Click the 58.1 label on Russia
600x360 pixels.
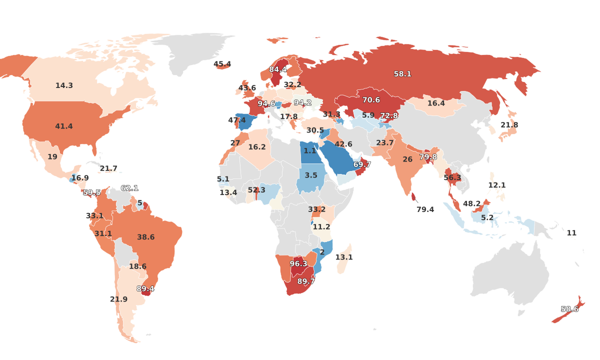(x=402, y=74)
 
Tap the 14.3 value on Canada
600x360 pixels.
(x=64, y=85)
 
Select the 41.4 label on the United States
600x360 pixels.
(x=64, y=126)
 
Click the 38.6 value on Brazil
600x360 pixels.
(x=145, y=237)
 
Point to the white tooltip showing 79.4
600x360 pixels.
(x=425, y=209)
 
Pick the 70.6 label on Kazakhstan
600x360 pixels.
(x=371, y=100)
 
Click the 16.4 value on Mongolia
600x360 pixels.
(x=436, y=103)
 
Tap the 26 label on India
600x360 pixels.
(x=407, y=159)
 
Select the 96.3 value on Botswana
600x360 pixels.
(x=298, y=263)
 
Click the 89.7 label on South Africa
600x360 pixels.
(x=306, y=281)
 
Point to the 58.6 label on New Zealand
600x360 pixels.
(x=569, y=309)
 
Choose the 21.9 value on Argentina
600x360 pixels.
(x=119, y=299)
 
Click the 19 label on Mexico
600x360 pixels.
(x=52, y=157)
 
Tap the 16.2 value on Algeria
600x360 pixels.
(x=257, y=147)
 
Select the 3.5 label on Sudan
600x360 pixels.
(x=311, y=175)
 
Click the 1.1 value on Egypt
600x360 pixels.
(x=310, y=150)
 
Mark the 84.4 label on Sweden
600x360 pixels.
(x=278, y=69)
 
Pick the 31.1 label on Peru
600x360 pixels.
(x=103, y=233)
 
